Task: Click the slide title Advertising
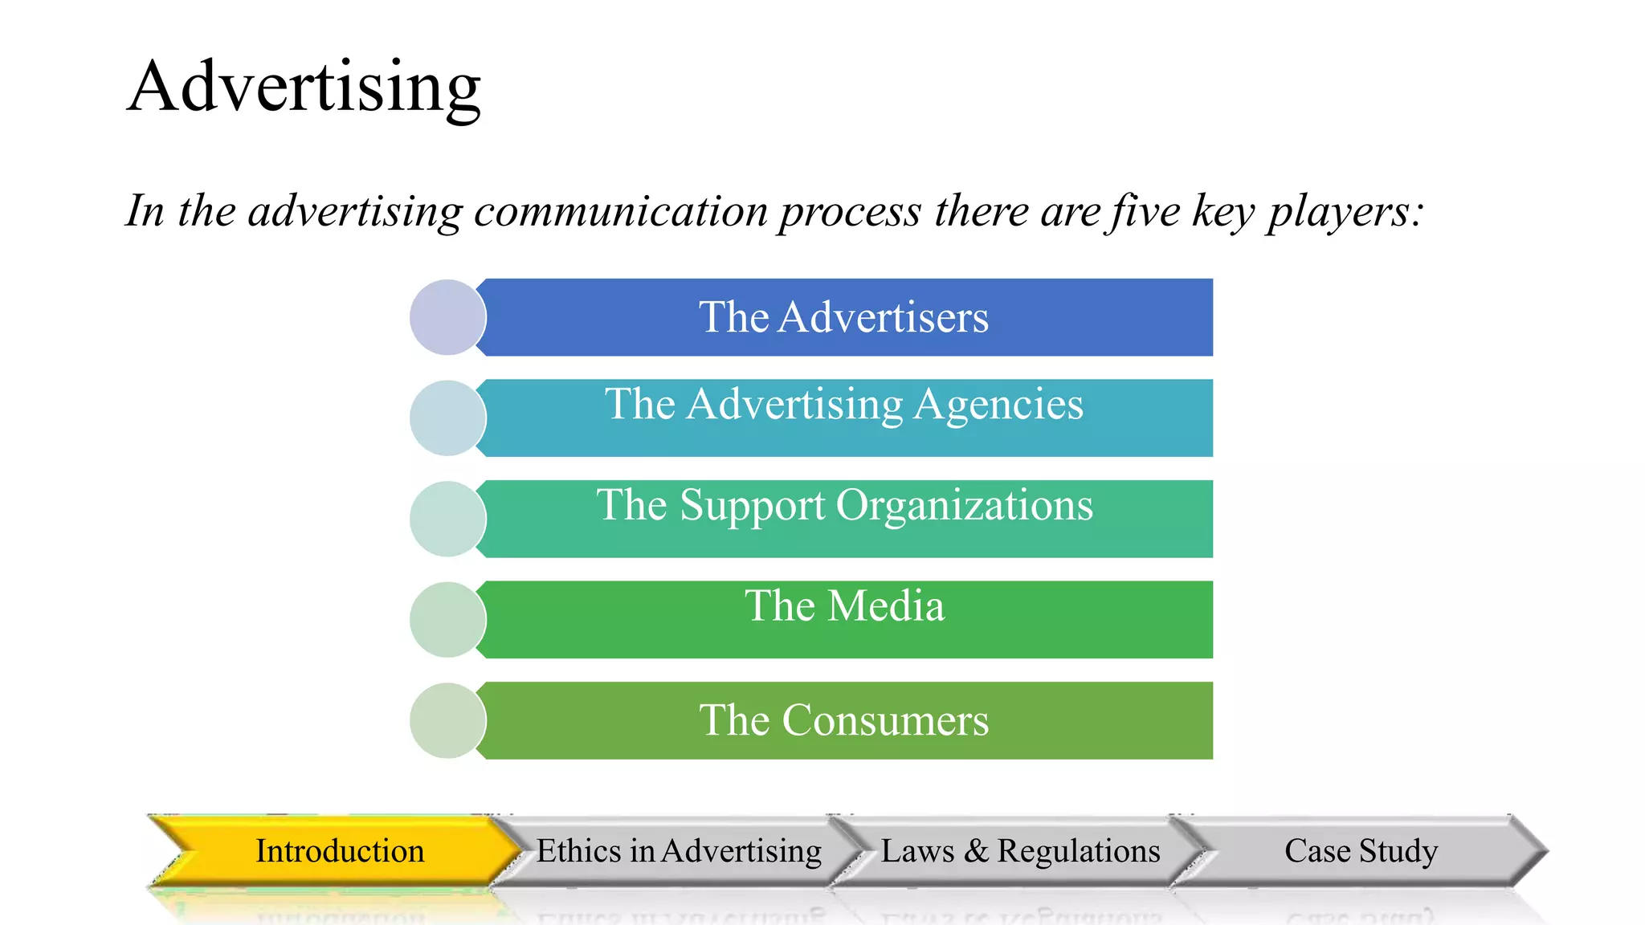(304, 87)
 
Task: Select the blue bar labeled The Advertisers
(843, 317)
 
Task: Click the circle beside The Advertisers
(447, 317)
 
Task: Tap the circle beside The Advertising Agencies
(447, 418)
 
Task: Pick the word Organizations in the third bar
(964, 506)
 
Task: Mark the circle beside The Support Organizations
(447, 519)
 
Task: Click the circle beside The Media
(447, 620)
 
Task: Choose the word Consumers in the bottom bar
(885, 720)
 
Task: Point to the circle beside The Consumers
(447, 720)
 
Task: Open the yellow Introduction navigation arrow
(339, 851)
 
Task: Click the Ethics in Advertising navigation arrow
(679, 851)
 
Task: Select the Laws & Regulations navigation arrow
(1020, 851)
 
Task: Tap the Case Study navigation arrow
(1361, 851)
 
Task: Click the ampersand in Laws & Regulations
(976, 851)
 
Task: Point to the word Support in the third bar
(752, 506)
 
